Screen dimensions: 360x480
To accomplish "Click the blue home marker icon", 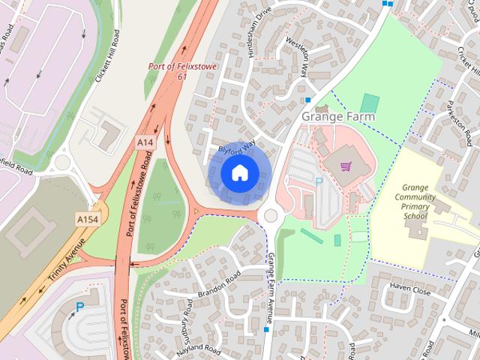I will [x=238, y=172].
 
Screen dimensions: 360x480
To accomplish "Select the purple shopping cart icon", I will [x=346, y=166].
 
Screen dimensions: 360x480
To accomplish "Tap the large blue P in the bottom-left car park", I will [x=79, y=307].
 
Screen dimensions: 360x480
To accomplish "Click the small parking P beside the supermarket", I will [x=318, y=182].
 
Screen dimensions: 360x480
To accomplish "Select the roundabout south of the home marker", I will [x=270, y=216].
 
